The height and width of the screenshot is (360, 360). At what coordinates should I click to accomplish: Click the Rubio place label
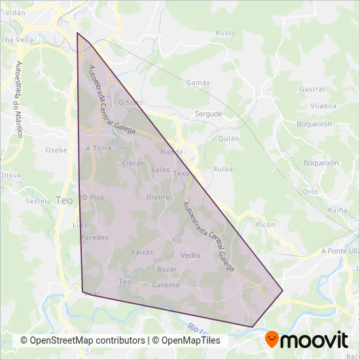point(225,32)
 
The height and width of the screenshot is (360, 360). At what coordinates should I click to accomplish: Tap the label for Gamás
point(198,83)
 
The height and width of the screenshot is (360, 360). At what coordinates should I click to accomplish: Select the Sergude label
point(209,114)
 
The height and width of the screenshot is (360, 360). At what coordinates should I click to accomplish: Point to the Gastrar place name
point(312,89)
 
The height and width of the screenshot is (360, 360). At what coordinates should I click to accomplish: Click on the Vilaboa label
point(323,105)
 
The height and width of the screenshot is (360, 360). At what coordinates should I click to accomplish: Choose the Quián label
point(228,139)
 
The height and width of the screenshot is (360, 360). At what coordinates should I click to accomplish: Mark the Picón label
point(266,224)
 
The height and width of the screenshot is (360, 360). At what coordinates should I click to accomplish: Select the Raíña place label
point(337,210)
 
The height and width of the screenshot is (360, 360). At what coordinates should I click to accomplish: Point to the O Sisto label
point(130,103)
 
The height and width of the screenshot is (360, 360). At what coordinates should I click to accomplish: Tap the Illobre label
point(158,197)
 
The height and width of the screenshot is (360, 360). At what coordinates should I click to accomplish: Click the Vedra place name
point(190,256)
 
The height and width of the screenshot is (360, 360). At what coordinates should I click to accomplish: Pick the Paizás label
point(142,252)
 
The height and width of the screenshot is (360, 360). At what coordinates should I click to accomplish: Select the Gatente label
point(165,285)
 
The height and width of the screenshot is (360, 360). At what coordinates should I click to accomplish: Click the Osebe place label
point(56,150)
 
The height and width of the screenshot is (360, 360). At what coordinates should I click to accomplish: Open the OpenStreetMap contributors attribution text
point(82,341)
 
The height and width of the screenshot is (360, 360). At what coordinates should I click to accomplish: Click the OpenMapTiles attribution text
point(187,341)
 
